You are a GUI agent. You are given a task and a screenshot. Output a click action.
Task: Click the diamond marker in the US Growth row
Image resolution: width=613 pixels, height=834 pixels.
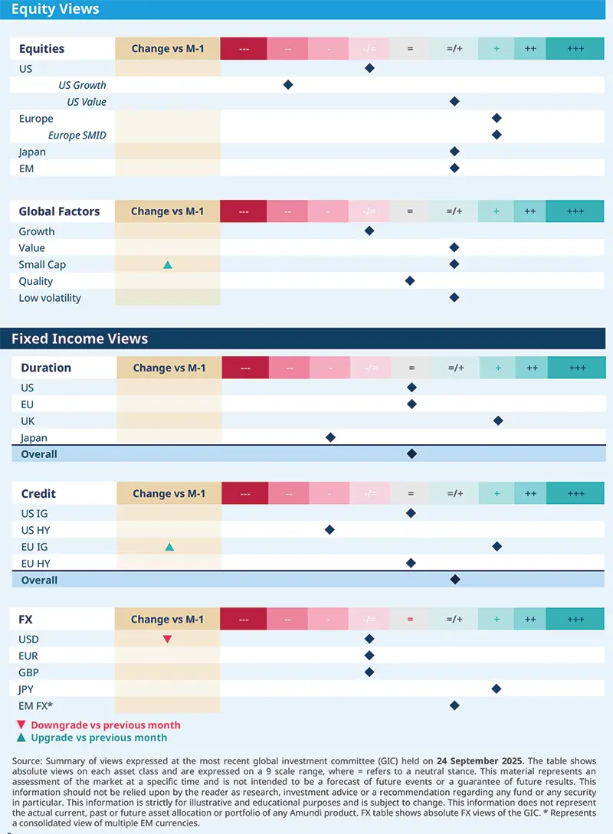click(288, 85)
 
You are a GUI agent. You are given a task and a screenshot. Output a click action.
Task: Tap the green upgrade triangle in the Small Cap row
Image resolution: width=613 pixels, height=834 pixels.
click(168, 265)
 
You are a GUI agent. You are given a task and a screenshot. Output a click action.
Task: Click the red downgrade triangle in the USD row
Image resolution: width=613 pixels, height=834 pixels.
click(167, 639)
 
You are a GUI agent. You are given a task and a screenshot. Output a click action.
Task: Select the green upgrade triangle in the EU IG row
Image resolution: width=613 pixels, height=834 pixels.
click(169, 547)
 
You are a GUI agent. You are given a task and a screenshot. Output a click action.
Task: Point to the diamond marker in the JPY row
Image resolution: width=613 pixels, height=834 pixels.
click(497, 689)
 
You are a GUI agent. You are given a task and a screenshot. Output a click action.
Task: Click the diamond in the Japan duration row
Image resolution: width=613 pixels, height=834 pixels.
click(330, 437)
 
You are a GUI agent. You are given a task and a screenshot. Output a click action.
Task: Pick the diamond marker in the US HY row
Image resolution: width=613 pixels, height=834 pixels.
click(329, 529)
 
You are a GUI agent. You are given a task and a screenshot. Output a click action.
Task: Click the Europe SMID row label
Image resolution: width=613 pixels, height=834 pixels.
click(77, 136)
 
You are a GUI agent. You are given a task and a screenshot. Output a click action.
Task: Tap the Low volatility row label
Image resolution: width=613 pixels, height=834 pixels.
click(50, 298)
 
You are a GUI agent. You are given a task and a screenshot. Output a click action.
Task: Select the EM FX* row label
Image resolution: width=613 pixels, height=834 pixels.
click(36, 705)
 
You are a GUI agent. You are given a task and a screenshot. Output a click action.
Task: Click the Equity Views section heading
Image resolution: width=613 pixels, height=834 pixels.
click(55, 10)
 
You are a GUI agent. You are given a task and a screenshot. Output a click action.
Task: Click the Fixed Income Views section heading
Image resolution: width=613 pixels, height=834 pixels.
click(80, 339)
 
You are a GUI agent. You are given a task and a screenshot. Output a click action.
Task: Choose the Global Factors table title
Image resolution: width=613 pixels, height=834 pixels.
click(59, 211)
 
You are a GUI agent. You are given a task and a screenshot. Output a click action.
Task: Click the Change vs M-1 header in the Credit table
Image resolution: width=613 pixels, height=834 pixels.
click(169, 494)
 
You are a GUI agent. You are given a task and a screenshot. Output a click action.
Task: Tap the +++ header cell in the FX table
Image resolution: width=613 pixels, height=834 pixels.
click(575, 620)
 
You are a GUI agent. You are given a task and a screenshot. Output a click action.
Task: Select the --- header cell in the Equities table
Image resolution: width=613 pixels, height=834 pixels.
click(244, 49)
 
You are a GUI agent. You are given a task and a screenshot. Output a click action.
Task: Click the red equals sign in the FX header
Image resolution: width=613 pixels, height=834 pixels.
click(410, 620)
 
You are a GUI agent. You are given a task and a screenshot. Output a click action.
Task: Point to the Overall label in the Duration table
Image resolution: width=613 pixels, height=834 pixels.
click(39, 454)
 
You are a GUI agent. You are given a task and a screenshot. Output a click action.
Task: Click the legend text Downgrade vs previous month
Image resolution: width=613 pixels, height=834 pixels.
click(106, 725)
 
